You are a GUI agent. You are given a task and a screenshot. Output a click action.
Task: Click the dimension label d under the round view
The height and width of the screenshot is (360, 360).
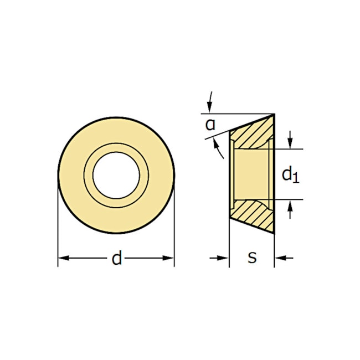point(116,258)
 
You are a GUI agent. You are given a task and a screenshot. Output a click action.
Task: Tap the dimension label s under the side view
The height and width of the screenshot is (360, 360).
point(252,258)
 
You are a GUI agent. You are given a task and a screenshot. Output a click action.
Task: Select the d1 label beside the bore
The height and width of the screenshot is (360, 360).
point(290,174)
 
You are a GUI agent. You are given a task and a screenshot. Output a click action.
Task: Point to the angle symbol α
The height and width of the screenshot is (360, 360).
point(210,124)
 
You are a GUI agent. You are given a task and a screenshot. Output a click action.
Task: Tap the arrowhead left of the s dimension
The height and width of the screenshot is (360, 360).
point(224,258)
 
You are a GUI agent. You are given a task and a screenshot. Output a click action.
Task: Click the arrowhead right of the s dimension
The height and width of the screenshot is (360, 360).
point(280,258)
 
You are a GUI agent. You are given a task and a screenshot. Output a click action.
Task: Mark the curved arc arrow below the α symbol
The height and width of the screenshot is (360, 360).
point(219,147)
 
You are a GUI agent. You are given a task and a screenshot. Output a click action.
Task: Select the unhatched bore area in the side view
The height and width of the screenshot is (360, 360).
point(252,174)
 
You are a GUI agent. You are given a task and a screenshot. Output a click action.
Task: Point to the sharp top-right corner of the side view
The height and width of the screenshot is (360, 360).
point(274,114)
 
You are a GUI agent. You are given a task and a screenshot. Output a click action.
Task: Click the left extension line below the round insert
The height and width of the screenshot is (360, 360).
point(58,244)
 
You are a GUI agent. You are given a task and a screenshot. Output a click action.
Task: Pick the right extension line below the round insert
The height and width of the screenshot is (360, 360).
point(174,244)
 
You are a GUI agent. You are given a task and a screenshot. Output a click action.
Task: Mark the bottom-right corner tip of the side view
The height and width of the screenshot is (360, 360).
point(274,234)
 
